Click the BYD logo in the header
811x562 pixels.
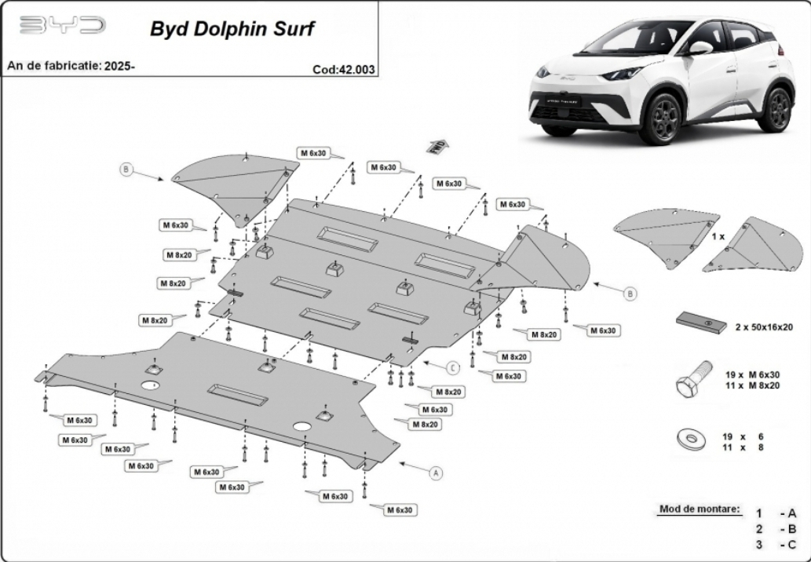63,25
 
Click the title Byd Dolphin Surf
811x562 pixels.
232,28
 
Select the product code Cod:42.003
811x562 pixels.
343,69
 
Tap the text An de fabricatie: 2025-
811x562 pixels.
71,66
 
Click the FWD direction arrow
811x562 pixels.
437,146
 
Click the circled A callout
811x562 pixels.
437,473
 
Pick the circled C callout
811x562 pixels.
453,367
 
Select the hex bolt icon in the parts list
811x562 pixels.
692,379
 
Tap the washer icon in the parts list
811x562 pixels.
691,440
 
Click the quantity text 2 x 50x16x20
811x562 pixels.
764,327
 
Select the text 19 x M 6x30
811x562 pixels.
752,375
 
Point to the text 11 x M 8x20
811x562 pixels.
752,385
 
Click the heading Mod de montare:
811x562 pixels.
700,509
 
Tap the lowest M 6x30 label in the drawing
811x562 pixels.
400,509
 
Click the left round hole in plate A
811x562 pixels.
150,385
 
